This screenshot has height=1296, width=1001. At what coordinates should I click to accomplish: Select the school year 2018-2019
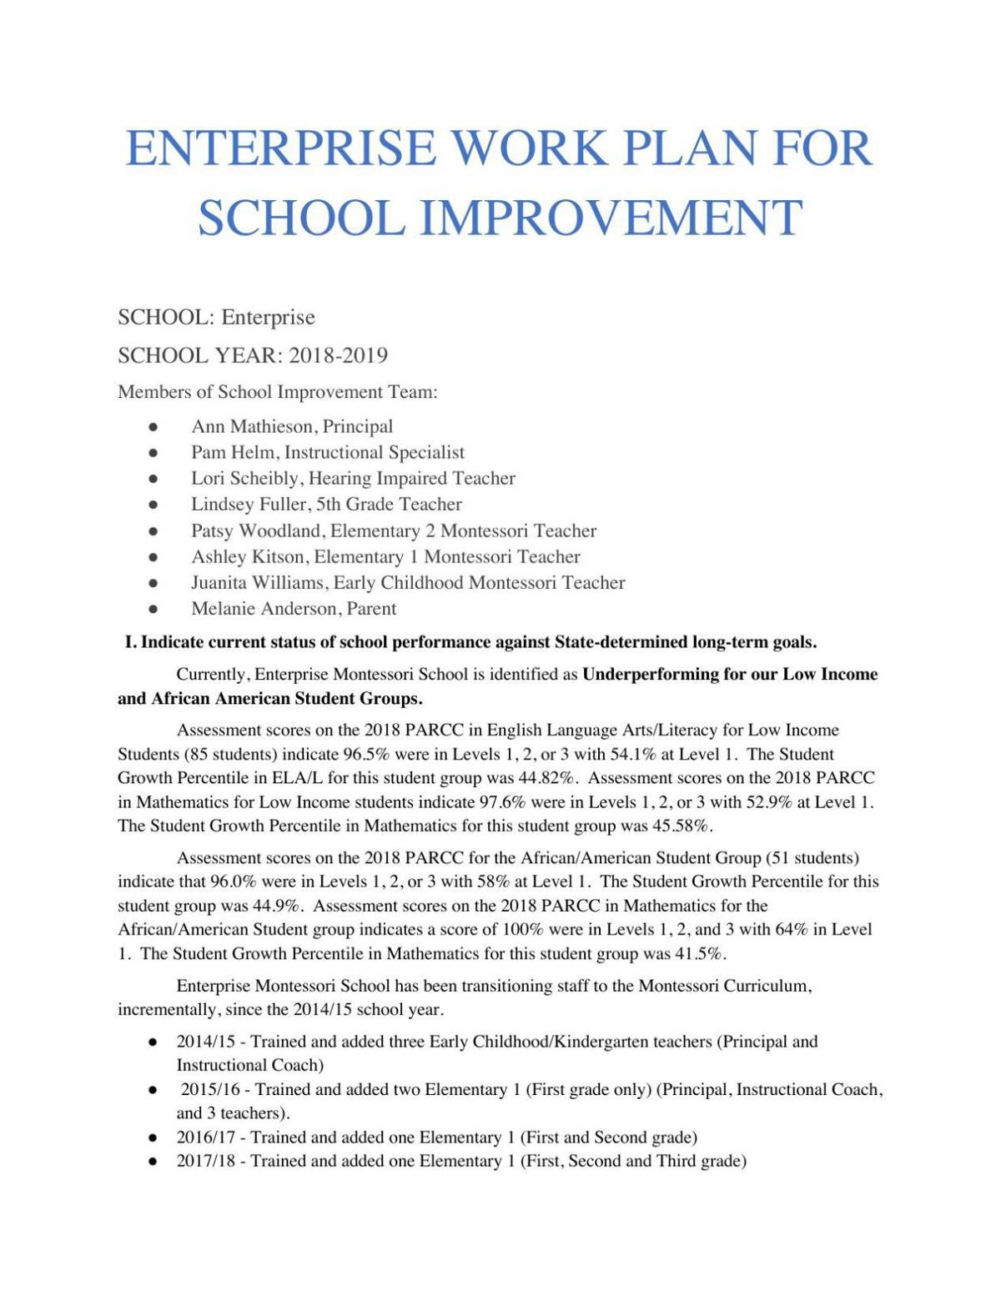pyautogui.click(x=338, y=356)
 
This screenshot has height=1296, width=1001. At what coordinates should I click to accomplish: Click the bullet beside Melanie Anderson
pyautogui.click(x=153, y=609)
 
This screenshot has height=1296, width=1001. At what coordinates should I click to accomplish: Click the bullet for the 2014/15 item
pyautogui.click(x=153, y=1042)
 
